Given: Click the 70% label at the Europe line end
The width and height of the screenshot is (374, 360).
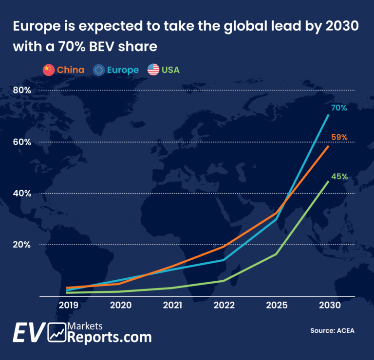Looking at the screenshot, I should (x=339, y=108).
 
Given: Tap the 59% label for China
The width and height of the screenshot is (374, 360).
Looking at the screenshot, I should (x=339, y=137).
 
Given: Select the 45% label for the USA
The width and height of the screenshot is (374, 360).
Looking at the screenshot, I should (x=339, y=176).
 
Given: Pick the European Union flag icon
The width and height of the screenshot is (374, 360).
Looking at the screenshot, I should (x=100, y=70).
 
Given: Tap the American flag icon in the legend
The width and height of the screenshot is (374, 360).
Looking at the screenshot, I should (x=153, y=70).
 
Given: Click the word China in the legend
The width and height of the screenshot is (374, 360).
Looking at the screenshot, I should (x=71, y=70).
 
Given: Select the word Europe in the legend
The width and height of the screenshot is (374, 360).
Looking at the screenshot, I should (x=123, y=70).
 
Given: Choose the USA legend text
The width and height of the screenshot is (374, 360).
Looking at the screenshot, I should (x=170, y=70).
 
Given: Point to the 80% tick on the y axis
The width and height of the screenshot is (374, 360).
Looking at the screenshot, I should (x=21, y=90).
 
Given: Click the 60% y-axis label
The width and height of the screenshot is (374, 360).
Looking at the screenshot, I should (x=21, y=142).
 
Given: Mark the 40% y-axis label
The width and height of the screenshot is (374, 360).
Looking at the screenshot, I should (x=21, y=193).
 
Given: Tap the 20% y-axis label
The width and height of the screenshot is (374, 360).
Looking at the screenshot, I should (x=21, y=244).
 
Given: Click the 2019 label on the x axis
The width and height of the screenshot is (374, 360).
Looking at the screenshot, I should (x=69, y=306).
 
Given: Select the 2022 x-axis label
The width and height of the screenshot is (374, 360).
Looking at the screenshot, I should (x=224, y=306).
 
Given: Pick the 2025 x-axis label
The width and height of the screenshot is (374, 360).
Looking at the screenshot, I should (x=277, y=306).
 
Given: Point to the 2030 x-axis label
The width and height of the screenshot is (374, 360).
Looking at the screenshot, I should (x=329, y=306).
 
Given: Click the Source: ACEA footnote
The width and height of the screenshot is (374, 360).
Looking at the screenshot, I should (x=333, y=331).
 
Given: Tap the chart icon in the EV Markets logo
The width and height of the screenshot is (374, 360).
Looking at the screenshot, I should (x=57, y=332).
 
